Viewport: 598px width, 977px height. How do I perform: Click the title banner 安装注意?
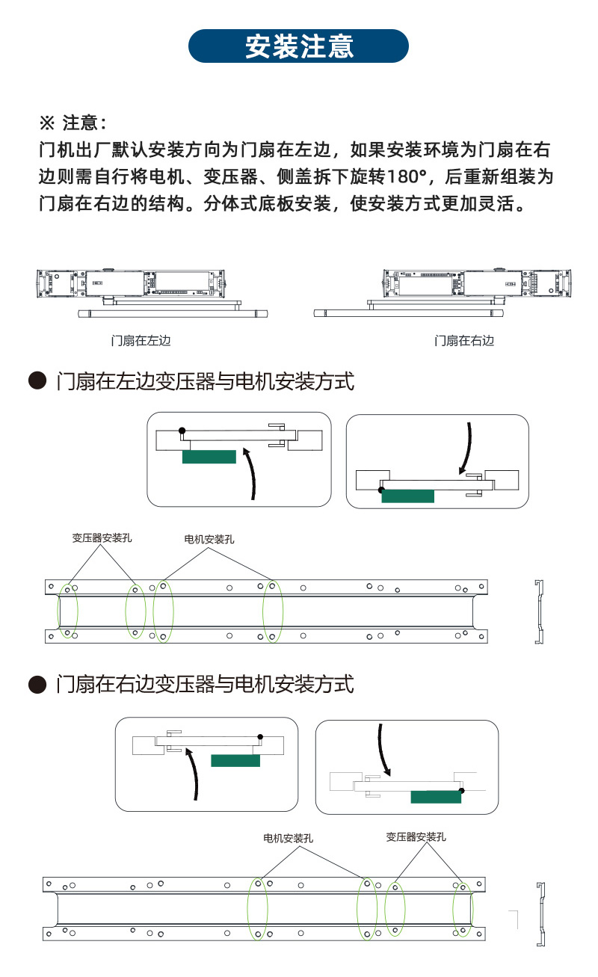[x=299, y=46]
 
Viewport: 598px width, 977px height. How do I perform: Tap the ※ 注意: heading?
[x=73, y=122]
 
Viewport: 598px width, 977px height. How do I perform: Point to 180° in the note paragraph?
[x=410, y=176]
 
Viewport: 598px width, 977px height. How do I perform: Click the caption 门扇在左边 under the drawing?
[x=141, y=341]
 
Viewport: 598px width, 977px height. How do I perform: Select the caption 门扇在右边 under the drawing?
[x=464, y=341]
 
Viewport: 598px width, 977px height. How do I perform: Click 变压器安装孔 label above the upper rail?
[x=102, y=537]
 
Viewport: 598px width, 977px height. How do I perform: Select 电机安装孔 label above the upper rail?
[x=209, y=539]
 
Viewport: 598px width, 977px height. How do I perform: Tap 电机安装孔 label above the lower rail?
[x=288, y=839]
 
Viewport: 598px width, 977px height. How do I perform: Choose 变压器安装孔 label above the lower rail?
[x=416, y=836]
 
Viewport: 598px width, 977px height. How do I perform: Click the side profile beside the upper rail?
[x=538, y=611]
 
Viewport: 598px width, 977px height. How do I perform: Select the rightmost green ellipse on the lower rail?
[x=463, y=910]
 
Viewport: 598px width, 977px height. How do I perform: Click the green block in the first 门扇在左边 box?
[x=209, y=456]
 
